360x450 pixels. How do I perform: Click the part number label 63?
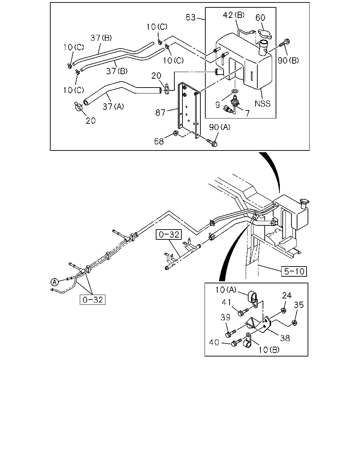191,17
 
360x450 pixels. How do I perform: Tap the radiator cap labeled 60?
265,34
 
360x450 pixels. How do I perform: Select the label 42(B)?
233,15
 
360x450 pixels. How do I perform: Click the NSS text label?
263,103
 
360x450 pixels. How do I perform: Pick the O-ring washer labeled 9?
235,91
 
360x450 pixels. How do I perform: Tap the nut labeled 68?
175,133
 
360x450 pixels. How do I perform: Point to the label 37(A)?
113,107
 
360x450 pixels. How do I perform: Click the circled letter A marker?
54,282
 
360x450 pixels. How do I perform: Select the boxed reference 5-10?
294,271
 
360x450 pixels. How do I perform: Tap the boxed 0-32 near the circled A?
92,300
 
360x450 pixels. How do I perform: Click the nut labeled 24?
283,310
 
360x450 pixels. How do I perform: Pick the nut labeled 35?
295,323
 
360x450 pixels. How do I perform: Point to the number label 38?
285,338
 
